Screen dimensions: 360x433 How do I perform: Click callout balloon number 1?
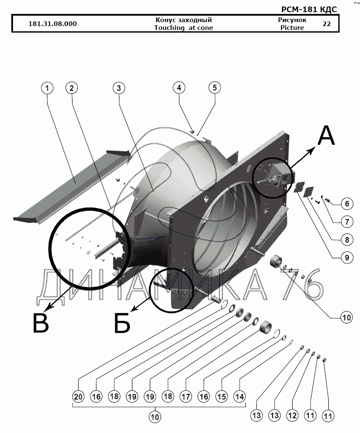click(48, 88)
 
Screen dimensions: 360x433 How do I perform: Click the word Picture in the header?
click(292, 28)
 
